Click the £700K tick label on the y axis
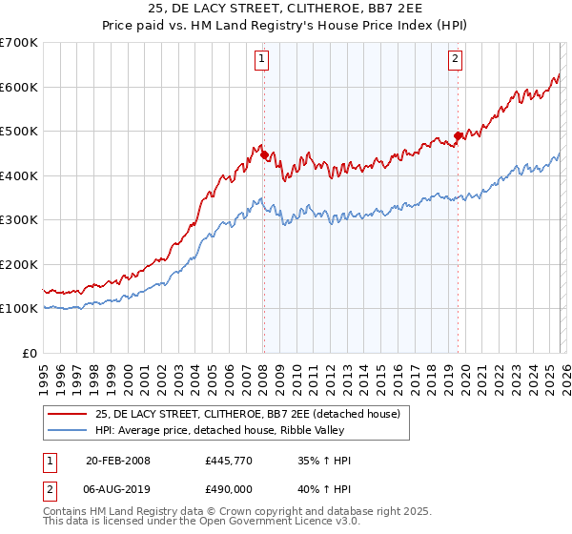(19, 43)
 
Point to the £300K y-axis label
(19, 220)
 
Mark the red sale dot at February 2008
(264, 155)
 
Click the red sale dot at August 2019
(458, 135)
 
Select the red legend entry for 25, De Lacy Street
(253, 413)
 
